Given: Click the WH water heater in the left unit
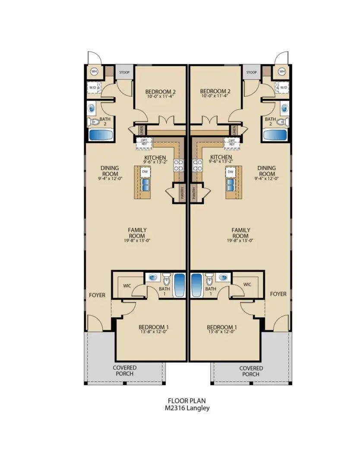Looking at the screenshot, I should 94,71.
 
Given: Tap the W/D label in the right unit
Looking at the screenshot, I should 284,88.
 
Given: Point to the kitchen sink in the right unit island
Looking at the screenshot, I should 231,185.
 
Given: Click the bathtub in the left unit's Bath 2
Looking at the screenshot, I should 100,135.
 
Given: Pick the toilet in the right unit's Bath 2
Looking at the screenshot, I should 282,122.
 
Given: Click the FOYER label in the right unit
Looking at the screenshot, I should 278,294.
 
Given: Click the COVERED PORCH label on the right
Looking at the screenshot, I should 251,371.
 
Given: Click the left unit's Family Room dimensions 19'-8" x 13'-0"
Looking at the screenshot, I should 137,240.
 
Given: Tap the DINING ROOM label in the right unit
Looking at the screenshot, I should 266,171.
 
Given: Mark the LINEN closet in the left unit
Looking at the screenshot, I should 141,129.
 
